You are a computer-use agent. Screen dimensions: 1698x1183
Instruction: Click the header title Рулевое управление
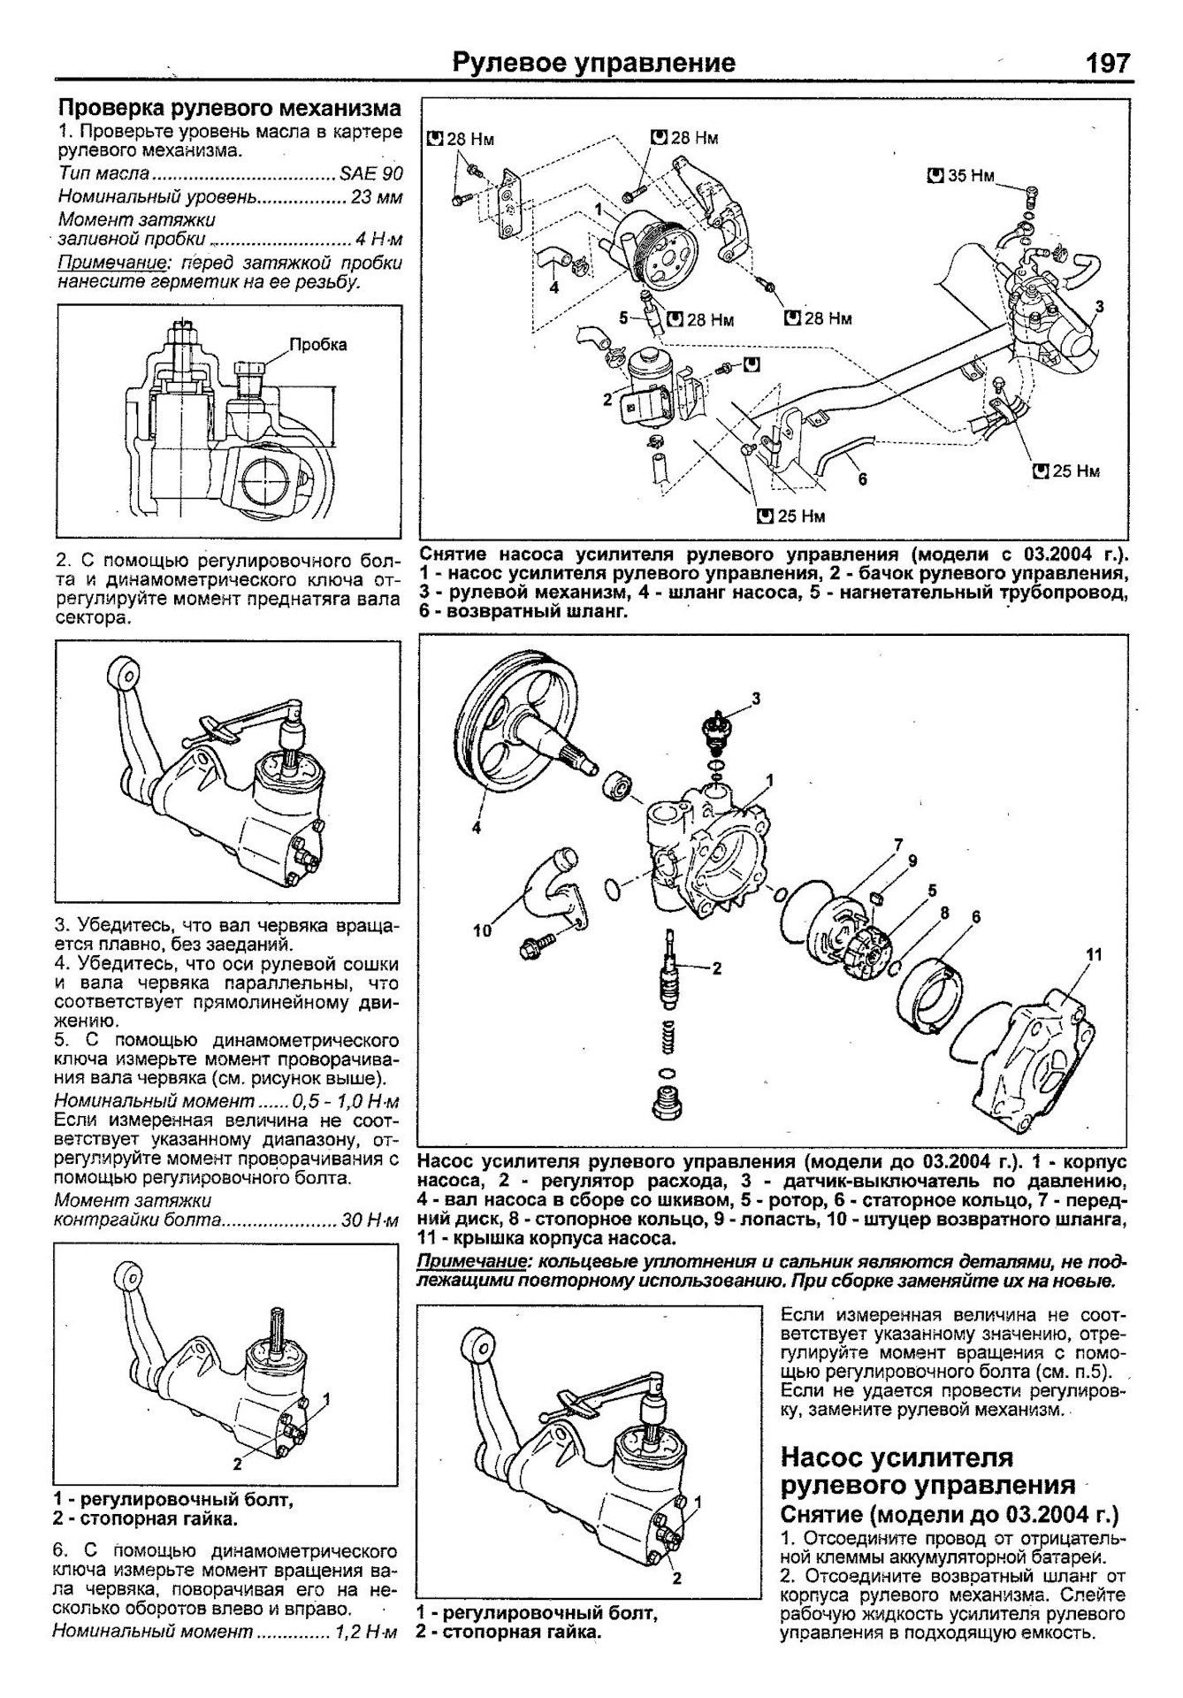coord(593,64)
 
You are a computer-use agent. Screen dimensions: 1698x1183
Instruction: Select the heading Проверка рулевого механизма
coord(229,108)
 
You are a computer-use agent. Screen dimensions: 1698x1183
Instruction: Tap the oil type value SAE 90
coord(370,173)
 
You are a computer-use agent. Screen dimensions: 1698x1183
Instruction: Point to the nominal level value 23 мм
coord(376,196)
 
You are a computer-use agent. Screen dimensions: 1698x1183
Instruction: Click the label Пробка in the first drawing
coord(318,345)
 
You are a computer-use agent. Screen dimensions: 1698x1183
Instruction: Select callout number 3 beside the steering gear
coord(1099,307)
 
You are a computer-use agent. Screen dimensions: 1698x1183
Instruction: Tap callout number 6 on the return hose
coord(862,478)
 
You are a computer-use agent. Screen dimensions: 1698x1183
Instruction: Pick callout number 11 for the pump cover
coord(1095,954)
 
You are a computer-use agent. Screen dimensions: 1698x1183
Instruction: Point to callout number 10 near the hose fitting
coord(483,930)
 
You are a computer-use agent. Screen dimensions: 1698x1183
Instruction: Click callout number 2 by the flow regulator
coord(716,968)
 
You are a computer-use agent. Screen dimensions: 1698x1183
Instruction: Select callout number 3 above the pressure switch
coord(756,699)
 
